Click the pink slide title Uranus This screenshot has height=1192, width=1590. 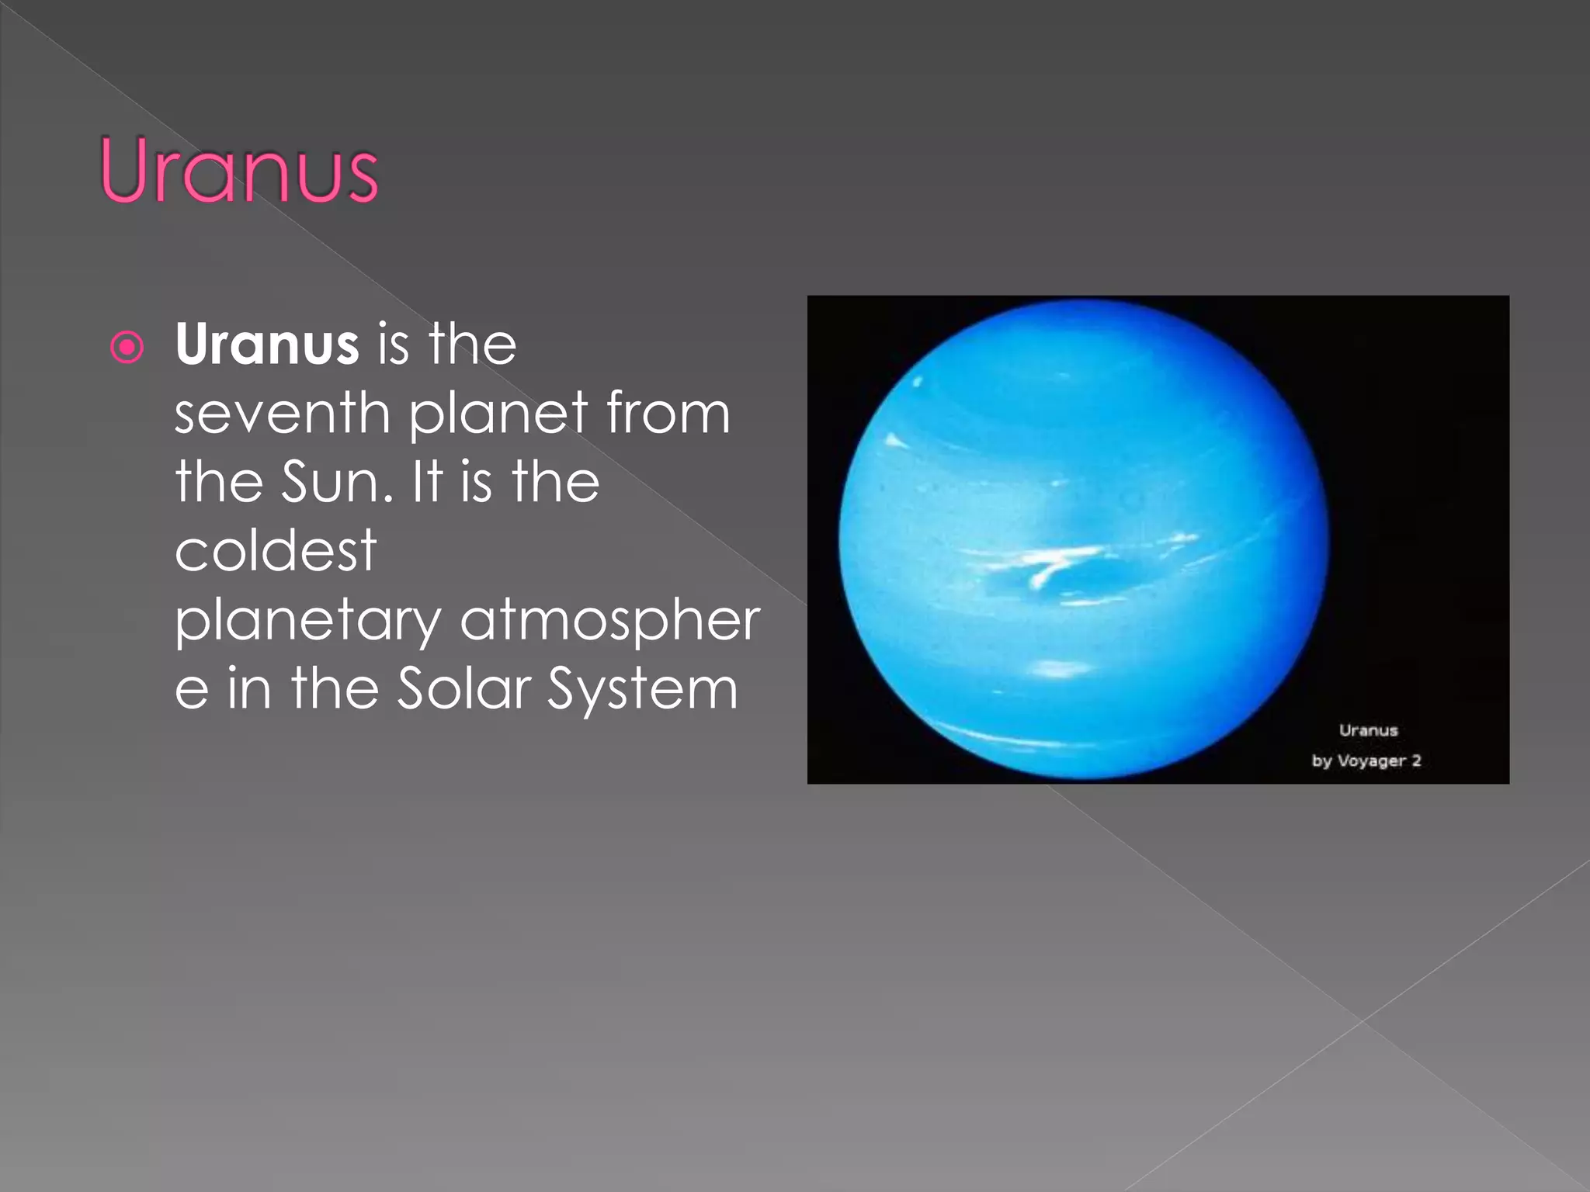pyautogui.click(x=239, y=170)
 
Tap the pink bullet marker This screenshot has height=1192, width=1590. pyautogui.click(x=127, y=347)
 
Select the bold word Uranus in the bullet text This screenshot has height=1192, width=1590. pyautogui.click(x=266, y=344)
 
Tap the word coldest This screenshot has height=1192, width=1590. pyautogui.click(x=276, y=550)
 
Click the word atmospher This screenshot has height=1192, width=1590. pyautogui.click(x=610, y=620)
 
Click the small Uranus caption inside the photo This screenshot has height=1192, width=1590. pyautogui.click(x=1368, y=730)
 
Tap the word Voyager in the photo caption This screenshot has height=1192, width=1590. pyautogui.click(x=1371, y=761)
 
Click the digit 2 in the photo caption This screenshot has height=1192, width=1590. pyautogui.click(x=1416, y=761)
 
